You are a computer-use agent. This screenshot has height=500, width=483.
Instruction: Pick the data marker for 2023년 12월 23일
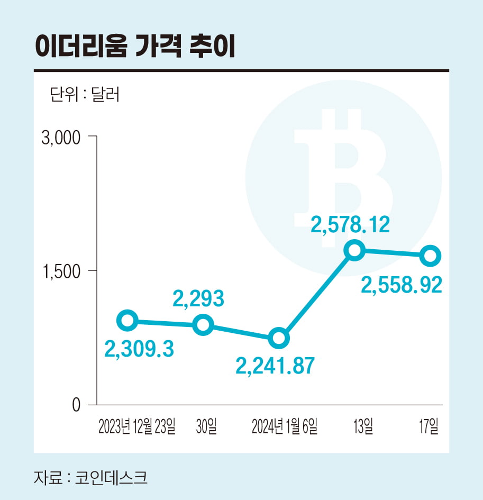[127, 320]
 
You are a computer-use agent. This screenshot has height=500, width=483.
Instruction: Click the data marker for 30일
[203, 325]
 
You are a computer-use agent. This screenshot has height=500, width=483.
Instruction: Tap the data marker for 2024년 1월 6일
[279, 338]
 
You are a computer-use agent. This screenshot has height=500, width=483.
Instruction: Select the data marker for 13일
[354, 250]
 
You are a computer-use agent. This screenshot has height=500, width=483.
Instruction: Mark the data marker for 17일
[431, 256]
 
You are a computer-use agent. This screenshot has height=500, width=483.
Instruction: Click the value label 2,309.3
[140, 349]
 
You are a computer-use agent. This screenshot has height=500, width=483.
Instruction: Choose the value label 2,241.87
[276, 366]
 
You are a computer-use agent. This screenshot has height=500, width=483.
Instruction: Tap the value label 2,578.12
[350, 225]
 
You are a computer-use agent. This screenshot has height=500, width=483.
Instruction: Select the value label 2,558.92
[402, 286]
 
